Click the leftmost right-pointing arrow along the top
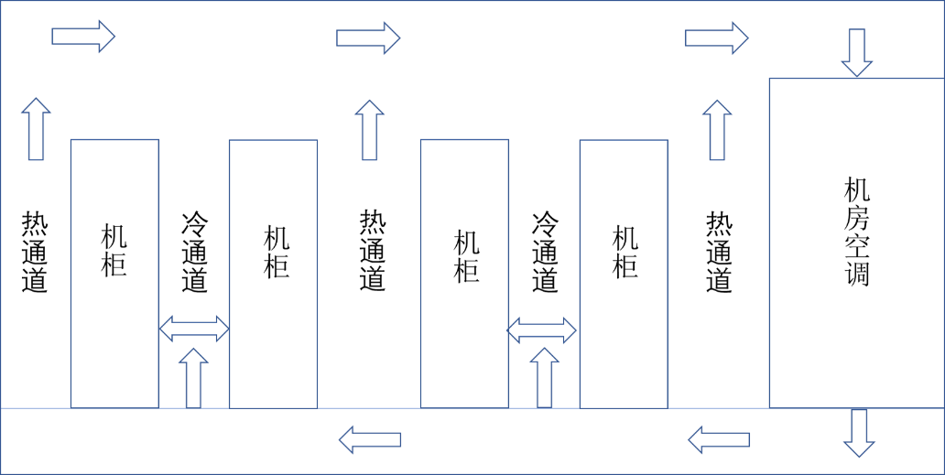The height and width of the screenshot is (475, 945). pos(82,37)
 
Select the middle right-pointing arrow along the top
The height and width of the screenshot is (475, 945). pos(367,38)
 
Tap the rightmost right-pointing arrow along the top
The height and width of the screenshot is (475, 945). pos(716,38)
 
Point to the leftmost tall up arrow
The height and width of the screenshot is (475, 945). pos(36,129)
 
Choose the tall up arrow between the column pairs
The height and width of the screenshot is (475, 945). pos(369,131)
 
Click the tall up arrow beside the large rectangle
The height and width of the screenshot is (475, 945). pos(717,131)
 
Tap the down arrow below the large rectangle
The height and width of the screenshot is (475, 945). pos(859,432)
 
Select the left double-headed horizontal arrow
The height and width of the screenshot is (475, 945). pos(194,329)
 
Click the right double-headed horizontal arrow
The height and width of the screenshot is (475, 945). pos(541,330)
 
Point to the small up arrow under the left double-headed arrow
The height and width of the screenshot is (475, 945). pos(193,377)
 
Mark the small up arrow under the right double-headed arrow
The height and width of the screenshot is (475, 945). pos(544,377)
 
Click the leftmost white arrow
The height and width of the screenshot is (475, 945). pos(370,440)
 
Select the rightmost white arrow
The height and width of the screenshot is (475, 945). pos(719,440)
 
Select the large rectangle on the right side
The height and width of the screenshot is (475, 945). pos(856,243)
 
